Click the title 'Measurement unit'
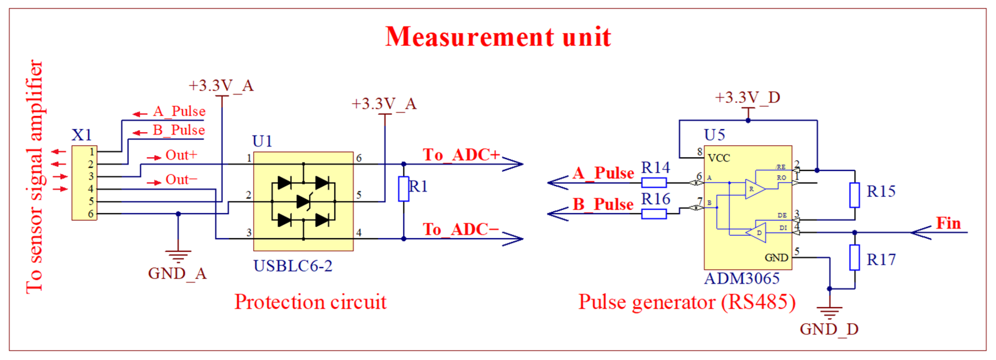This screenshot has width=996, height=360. pos(498,37)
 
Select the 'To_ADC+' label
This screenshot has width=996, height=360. pos(461,155)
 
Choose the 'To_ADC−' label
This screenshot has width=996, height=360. pos(460,230)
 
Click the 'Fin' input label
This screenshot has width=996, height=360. pos(948,223)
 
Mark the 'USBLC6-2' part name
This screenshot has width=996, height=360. pos(293,266)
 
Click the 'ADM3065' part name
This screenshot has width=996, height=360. pos(741,279)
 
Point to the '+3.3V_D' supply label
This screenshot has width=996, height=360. pos(747,97)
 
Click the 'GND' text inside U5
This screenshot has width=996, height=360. pos(776,258)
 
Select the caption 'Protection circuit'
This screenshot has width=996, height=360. pos(310,302)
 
